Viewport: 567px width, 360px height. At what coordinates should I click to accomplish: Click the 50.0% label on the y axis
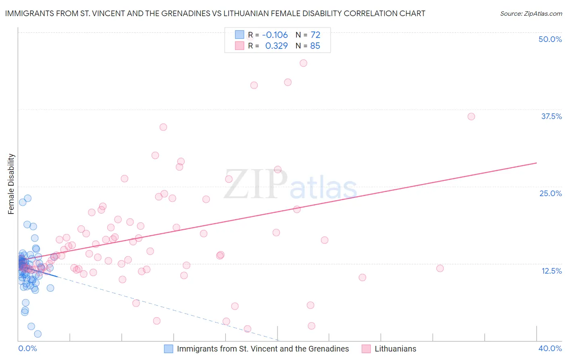tap(550, 39)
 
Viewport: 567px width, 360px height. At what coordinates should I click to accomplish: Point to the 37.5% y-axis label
tap(551, 116)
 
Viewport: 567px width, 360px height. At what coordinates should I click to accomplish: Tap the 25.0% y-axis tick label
tap(550, 193)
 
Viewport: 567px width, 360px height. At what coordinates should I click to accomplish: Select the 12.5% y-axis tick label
tap(551, 271)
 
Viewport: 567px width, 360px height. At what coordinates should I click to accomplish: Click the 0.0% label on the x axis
tap(27, 348)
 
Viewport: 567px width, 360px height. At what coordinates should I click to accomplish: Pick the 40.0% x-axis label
tap(550, 348)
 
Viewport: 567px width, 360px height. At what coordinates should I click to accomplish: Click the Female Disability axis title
tap(11, 184)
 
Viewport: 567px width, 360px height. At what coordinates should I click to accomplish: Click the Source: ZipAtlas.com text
tap(531, 13)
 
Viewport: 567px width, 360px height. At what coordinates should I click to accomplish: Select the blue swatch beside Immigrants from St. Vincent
tap(169, 349)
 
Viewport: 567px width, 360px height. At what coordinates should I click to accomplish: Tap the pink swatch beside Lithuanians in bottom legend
tap(366, 349)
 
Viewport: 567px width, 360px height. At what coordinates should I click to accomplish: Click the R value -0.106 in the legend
tap(275, 35)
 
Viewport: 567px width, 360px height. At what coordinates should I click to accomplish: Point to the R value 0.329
tap(276, 46)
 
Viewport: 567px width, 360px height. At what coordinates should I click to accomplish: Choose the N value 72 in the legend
tap(315, 35)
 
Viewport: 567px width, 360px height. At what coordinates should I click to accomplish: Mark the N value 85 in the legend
tap(315, 46)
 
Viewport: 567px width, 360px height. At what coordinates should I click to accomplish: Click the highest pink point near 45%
tap(303, 63)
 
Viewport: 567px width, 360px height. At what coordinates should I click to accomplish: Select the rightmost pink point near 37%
tap(471, 117)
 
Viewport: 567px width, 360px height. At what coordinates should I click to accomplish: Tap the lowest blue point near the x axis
tap(38, 334)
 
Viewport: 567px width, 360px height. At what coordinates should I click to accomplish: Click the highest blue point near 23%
tap(28, 198)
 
